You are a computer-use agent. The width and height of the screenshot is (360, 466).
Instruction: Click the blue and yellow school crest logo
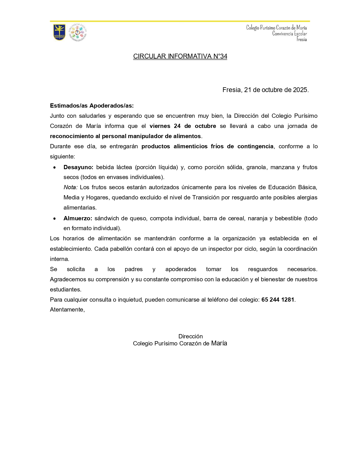point(59,32)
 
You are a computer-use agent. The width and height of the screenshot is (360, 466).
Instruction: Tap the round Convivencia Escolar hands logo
point(78,32)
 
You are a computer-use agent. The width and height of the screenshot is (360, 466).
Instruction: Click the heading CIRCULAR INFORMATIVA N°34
point(180,56)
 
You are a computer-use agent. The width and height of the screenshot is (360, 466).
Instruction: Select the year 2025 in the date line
point(300,90)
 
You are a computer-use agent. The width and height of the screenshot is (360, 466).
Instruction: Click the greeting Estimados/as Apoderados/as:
point(92,106)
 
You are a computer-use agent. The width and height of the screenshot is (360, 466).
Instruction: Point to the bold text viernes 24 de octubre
point(183,126)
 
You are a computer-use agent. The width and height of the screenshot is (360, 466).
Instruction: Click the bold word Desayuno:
point(78,167)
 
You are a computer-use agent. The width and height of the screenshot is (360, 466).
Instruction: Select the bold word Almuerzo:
point(78,218)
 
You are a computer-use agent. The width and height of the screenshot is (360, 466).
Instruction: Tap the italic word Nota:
point(70,187)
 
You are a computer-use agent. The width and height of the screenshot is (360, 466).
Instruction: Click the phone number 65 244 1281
point(278,300)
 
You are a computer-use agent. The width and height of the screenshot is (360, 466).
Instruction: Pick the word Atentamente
point(67,310)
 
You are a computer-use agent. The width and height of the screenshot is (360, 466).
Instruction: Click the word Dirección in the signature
point(191,336)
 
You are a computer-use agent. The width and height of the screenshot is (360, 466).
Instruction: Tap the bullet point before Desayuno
point(54,167)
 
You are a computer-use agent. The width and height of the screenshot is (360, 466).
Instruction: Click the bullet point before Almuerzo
point(54,219)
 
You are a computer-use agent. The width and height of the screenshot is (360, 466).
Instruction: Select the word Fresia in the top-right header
point(302,40)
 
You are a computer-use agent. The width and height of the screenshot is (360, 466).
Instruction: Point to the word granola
point(256,167)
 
